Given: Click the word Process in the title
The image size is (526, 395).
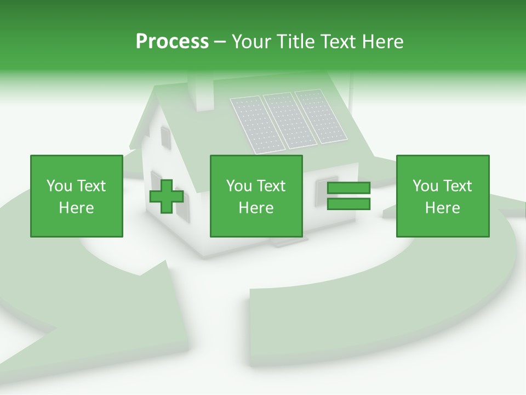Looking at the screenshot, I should [x=172, y=42].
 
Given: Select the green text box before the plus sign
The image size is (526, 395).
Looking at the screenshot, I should [x=76, y=196].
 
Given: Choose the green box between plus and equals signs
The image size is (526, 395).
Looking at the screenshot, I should [x=256, y=196].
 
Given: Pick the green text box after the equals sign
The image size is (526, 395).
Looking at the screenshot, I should [x=442, y=196].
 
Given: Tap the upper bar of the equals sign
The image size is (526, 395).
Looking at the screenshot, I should [x=348, y=188].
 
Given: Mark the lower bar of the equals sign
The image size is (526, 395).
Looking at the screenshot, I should [x=348, y=204].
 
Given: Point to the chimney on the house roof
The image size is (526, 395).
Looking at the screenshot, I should [x=201, y=91].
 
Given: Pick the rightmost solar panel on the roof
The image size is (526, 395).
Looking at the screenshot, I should [x=321, y=116].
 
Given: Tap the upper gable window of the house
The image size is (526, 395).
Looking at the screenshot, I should [x=165, y=138].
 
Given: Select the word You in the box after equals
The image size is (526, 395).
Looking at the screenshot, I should [x=425, y=186].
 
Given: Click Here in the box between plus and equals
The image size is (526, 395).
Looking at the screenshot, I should [x=256, y=208].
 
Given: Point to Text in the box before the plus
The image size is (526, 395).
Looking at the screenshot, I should [x=91, y=186].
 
